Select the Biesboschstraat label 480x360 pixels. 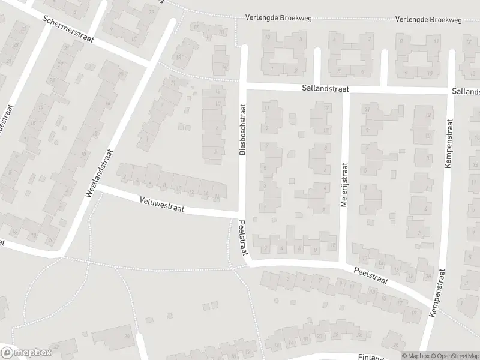(x=243, y=130)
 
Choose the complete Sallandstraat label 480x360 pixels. (x=326, y=88)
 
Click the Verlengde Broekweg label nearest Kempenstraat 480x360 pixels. (x=428, y=20)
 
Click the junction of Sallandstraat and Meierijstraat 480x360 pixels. (x=345, y=89)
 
